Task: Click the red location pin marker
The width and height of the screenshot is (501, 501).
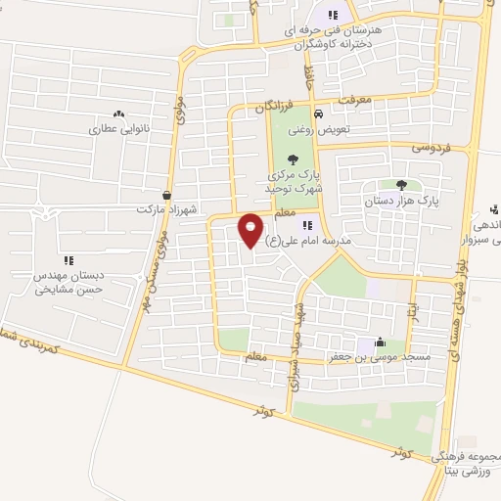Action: point(251,229)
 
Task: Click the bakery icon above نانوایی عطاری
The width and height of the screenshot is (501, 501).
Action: point(118,114)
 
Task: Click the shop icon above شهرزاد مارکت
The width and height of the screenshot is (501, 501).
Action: point(167,195)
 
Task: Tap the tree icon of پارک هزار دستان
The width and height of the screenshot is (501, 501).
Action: point(400,184)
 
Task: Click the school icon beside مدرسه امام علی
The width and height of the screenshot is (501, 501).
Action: point(309,225)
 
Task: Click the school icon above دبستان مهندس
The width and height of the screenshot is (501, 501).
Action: point(68,260)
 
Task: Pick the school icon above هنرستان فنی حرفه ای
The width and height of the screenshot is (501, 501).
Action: point(333,15)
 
